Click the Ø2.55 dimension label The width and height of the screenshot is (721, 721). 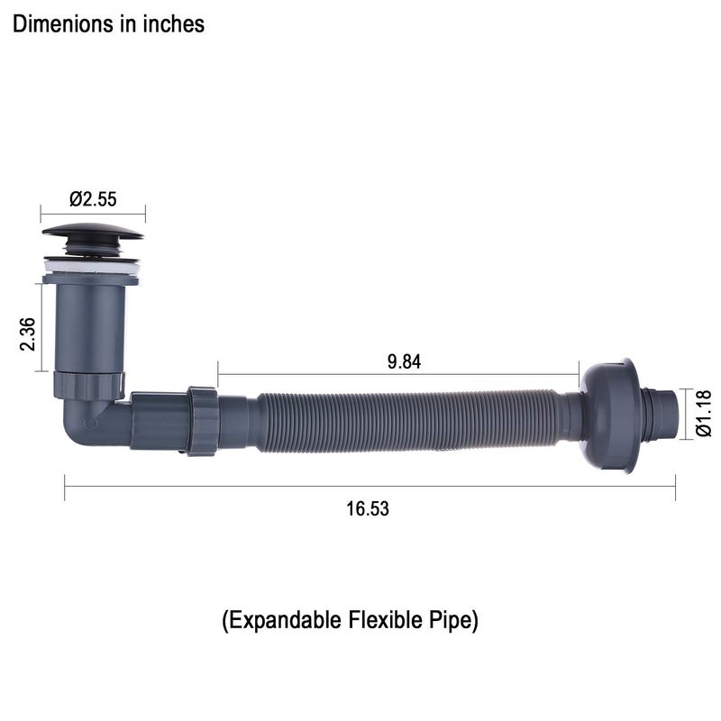(93, 199)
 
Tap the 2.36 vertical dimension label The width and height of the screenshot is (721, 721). (28, 334)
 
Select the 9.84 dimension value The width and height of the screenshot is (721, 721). (404, 362)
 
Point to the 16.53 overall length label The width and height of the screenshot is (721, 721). (368, 508)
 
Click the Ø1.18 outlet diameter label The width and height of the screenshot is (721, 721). (704, 414)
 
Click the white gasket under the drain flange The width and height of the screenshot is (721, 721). (92, 268)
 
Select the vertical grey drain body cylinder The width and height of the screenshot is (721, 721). (89, 327)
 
